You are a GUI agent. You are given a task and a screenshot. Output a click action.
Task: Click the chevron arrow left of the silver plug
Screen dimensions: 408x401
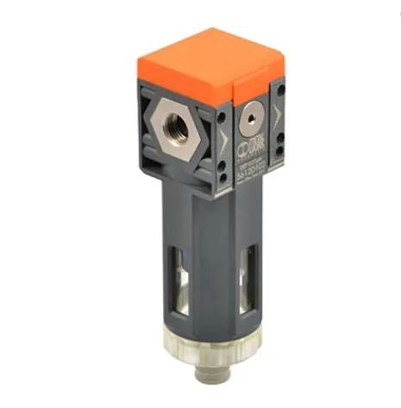click(227, 137)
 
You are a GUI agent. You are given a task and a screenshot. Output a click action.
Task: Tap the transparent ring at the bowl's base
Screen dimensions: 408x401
click(217, 365)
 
